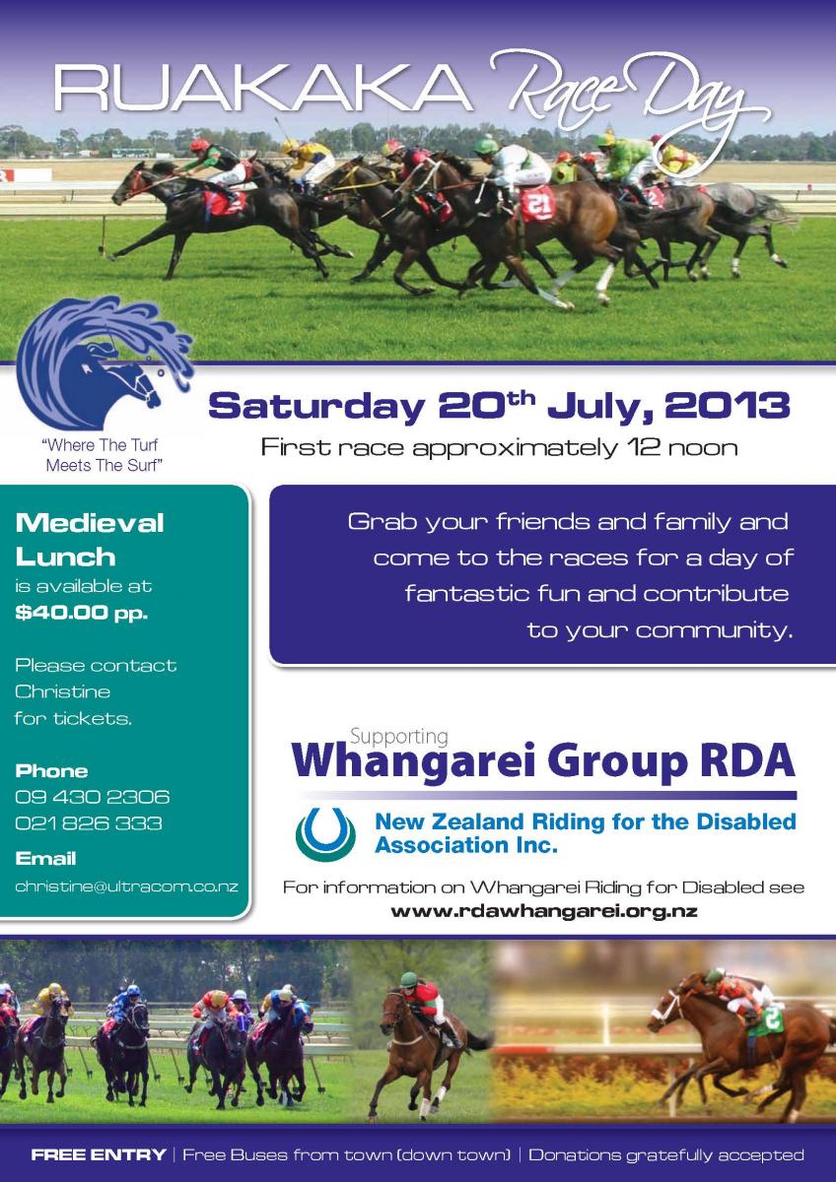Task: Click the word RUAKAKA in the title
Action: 262,88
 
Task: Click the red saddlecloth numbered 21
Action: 538,203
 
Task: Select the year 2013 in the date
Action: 727,405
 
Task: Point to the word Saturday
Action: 316,406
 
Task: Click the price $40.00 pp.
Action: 81,613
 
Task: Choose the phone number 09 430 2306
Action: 92,796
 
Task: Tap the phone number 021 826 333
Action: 88,823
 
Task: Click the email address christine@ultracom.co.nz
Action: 126,886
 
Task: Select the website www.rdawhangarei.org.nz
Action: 544,911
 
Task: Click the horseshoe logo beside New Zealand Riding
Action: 325,834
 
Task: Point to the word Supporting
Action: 399,736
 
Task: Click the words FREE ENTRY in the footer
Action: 99,1154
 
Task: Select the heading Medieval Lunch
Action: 90,540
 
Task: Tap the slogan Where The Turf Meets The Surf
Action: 103,455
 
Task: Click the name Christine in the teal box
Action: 62,691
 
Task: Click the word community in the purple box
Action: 715,630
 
